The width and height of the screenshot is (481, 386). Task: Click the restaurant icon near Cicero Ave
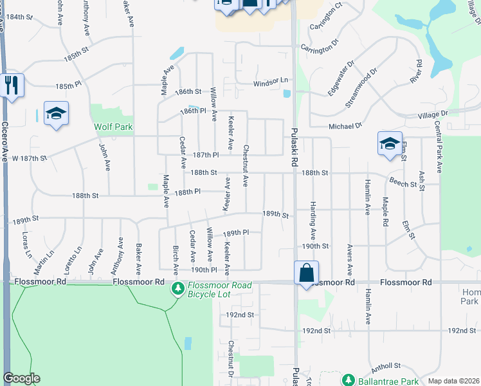[11, 85]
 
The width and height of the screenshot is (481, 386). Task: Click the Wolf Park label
[113, 127]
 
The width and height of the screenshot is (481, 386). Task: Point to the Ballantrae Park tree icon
[348, 380]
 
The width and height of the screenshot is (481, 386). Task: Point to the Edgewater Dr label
[341, 78]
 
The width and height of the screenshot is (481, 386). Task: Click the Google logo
[21, 378]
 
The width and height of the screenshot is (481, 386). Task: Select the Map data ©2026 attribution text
[453, 381]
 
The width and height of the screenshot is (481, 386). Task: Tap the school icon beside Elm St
[389, 143]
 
